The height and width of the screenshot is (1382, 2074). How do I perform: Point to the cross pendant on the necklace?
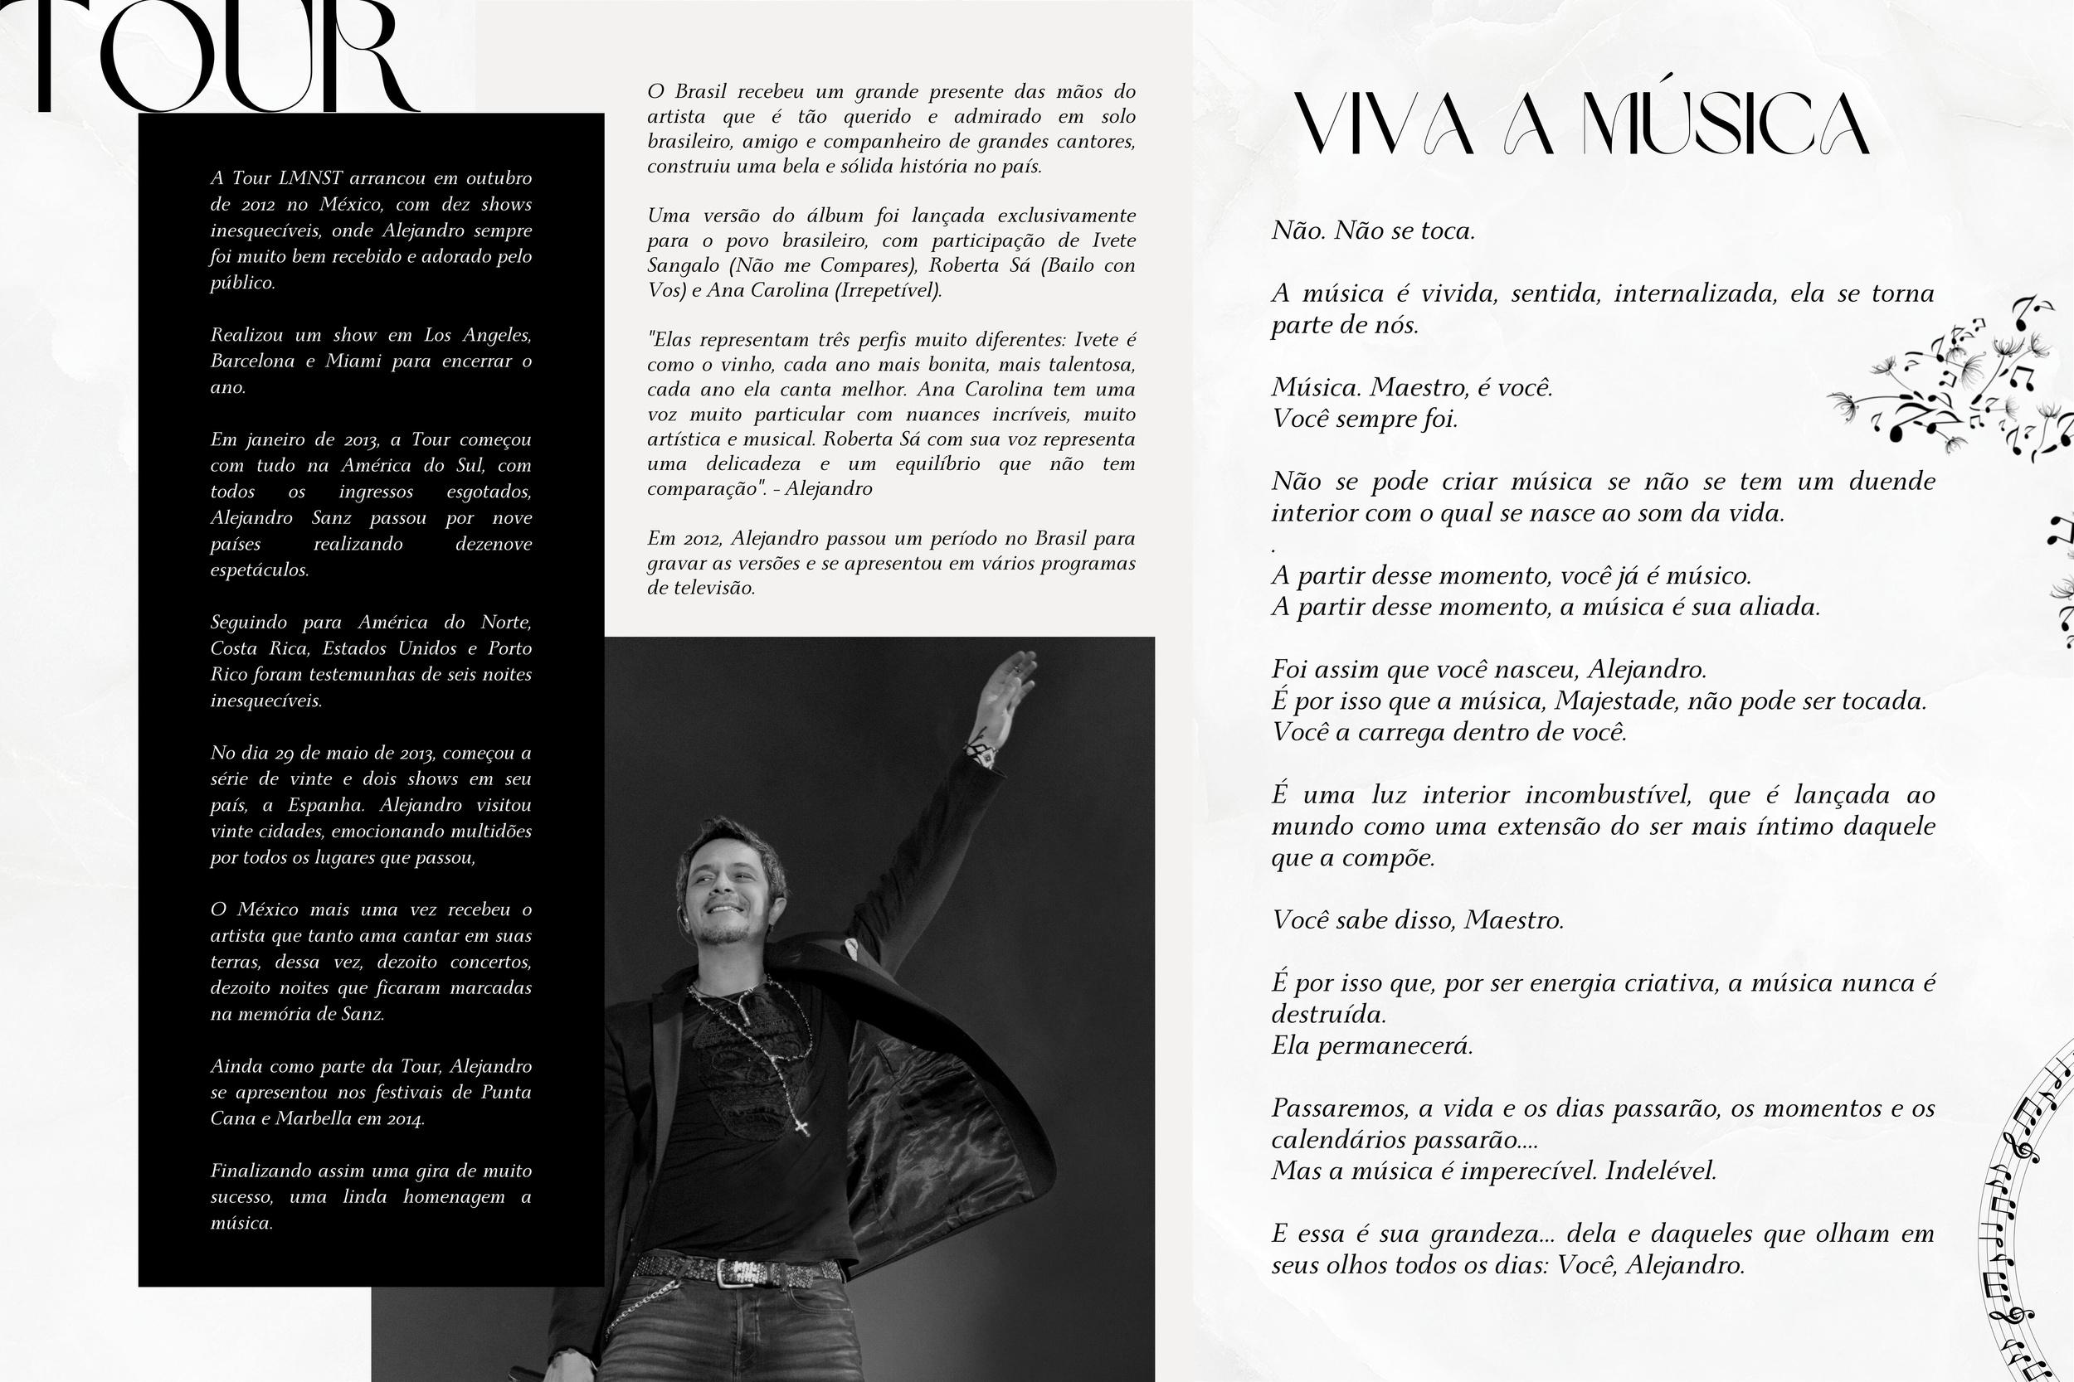[801, 1127]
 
